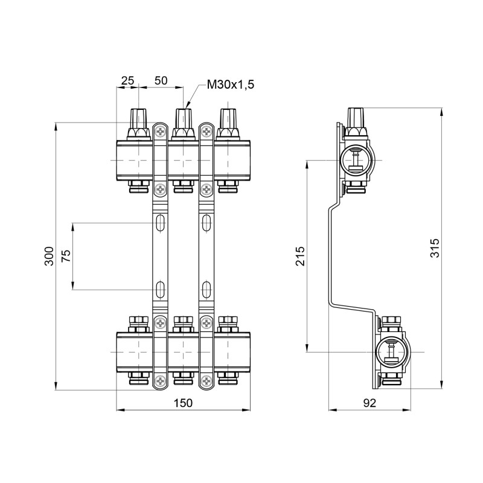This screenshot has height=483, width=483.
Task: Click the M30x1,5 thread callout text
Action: (x=230, y=85)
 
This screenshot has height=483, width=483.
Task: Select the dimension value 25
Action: (x=127, y=80)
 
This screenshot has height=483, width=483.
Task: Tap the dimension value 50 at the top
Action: (x=161, y=80)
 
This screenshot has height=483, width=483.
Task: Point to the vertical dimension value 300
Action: (x=50, y=255)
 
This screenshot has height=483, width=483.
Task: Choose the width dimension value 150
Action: (x=182, y=404)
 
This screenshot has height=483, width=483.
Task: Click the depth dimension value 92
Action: (x=370, y=404)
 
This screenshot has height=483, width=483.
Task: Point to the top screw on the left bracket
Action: (x=160, y=131)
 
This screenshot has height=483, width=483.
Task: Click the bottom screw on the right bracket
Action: (x=206, y=381)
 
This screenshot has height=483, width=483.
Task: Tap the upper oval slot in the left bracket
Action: (x=160, y=222)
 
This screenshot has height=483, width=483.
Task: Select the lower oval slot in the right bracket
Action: (x=206, y=289)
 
